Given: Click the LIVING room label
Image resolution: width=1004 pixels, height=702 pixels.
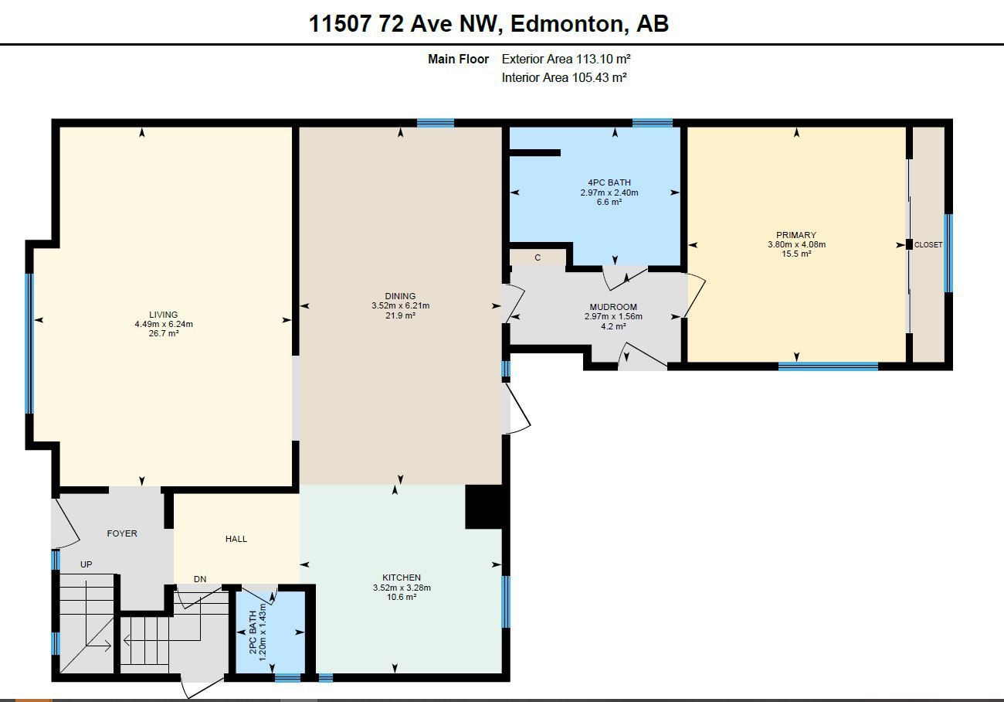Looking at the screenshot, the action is pos(164,315).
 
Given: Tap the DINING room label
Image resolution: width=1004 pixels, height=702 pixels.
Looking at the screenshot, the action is pos(400,296).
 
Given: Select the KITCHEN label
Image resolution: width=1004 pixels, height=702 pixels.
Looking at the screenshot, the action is pos(402,578).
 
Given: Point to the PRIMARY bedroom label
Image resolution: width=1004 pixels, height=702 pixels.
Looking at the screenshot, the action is pos(796,235).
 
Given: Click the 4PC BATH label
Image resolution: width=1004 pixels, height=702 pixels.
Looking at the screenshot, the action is pos(609,182).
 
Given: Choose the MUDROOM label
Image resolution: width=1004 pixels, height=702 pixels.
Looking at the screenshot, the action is pos(613,307).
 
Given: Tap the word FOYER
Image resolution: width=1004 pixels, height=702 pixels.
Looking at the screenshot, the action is pos(122,533).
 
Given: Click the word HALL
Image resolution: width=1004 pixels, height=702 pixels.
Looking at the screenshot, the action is pos(236,539).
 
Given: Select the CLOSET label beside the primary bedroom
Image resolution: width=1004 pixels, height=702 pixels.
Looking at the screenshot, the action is pos(928,245).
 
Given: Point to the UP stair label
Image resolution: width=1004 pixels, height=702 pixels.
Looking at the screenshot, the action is pos(86,564).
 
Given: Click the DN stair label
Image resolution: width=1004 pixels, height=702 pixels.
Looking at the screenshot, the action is pos(200,579).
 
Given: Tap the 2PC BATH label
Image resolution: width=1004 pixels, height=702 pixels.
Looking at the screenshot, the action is pos(253,632).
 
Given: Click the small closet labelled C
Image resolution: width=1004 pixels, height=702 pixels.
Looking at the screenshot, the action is pos(538,258).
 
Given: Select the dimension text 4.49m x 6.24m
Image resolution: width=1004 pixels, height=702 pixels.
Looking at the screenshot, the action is pos(164,324).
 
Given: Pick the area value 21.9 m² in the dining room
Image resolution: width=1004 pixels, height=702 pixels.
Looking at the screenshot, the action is pos(400,315).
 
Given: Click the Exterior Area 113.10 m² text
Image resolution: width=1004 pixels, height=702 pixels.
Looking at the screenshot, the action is pos(566,59).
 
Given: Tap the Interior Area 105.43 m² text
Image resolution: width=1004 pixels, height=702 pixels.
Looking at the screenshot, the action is pos(564,77).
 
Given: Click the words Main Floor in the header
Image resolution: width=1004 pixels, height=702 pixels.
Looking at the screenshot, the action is pos(458,59).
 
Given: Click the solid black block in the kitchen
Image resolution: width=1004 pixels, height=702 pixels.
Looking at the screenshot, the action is pos(486,507).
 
